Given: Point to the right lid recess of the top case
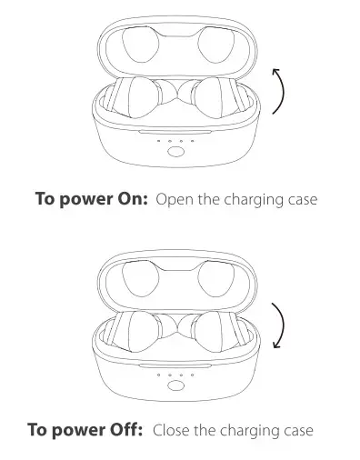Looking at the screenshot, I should click(214, 45).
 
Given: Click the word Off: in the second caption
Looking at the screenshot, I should click(125, 429).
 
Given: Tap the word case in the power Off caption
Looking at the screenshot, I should click(297, 429).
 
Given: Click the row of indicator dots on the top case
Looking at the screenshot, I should click(175, 142).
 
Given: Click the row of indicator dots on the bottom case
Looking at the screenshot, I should click(175, 373).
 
